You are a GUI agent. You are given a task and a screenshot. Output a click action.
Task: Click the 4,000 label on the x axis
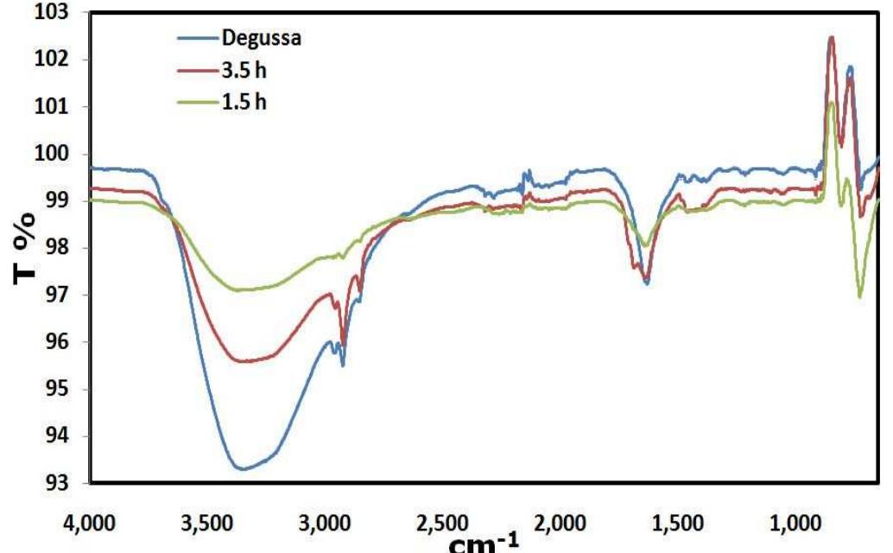pyautogui.click(x=92, y=523)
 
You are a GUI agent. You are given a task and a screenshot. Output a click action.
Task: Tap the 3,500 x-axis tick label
pyautogui.click(x=208, y=523)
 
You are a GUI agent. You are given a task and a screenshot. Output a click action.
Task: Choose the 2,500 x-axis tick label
pyautogui.click(x=441, y=523)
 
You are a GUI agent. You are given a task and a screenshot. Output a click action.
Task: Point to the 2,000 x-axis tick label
pyautogui.click(x=558, y=523)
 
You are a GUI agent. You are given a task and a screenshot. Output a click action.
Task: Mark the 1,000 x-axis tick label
pyautogui.click(x=791, y=523)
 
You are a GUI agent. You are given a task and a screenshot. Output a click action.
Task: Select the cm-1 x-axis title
pyautogui.click(x=484, y=542)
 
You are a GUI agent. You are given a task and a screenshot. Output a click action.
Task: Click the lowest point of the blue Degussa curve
pyautogui.click(x=242, y=469)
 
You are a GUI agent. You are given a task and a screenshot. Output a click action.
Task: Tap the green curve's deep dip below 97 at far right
pyautogui.click(x=859, y=296)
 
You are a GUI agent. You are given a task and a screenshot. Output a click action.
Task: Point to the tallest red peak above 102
pyautogui.click(x=831, y=38)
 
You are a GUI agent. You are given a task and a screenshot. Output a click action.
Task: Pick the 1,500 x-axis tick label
pyautogui.click(x=674, y=523)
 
